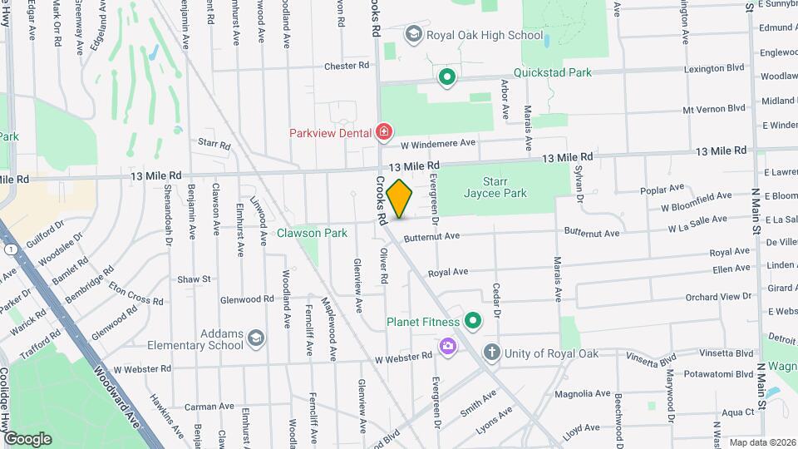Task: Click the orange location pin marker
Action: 400,199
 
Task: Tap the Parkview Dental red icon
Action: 383,131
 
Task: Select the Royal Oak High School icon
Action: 413,34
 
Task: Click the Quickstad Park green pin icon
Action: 447,77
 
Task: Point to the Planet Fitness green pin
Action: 473,321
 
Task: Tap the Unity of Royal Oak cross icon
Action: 492,353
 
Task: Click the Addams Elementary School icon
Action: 256,338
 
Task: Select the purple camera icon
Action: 448,345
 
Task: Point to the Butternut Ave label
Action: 431,237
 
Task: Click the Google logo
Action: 27,438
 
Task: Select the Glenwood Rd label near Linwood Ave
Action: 247,299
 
